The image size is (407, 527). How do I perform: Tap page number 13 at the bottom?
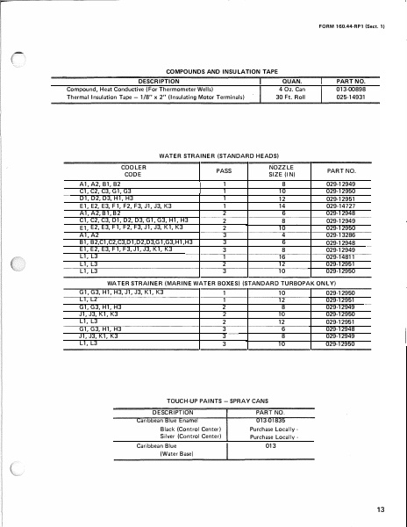[379, 509]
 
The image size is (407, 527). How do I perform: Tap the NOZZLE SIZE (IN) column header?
[282, 170]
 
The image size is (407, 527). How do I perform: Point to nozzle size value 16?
[282, 256]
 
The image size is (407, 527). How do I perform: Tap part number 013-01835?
[269, 421]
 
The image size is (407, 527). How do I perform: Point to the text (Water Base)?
[156, 453]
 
